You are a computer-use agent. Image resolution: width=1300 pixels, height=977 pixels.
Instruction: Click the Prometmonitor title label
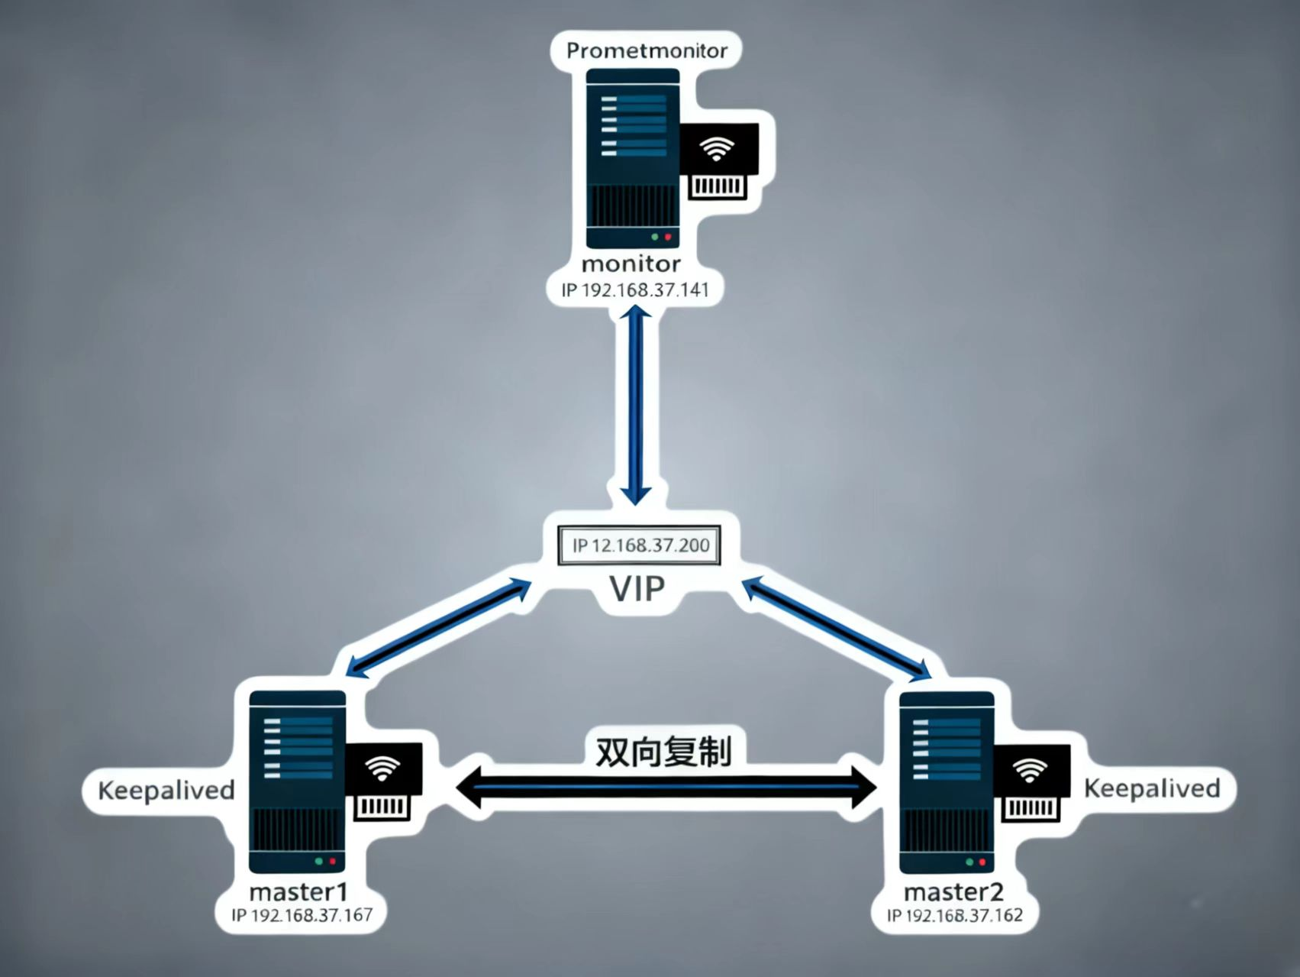coord(647,51)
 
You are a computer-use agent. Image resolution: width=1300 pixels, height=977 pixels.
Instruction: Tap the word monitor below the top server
coord(631,264)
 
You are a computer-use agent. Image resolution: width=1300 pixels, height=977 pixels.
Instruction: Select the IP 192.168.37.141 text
coord(635,290)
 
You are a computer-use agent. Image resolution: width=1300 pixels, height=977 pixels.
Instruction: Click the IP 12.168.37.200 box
coord(640,545)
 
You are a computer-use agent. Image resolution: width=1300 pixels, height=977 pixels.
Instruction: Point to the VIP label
coord(637,588)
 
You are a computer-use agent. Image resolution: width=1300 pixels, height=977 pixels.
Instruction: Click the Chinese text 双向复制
coord(663,752)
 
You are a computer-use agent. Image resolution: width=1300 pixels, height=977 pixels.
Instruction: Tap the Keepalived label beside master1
coord(166,790)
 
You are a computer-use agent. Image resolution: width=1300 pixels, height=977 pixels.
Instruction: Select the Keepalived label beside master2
coord(1152,788)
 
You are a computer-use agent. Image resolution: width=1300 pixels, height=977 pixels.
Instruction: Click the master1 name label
coord(298,892)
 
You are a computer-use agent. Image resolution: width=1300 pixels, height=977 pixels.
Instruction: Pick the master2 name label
coord(953,892)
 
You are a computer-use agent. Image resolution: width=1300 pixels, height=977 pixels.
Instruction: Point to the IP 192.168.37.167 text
coord(302,915)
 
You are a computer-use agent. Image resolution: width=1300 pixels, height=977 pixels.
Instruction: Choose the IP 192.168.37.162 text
coord(954,915)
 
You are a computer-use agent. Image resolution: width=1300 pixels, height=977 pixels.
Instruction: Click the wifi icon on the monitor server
coord(715,149)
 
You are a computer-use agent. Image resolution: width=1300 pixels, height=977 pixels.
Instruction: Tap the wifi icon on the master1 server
coord(382,769)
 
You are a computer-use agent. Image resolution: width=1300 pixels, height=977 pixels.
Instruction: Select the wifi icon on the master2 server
coord(1031,772)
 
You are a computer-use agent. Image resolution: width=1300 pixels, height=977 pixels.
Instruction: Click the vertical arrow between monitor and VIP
coord(636,405)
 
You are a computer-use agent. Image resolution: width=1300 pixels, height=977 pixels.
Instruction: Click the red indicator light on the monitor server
coord(668,238)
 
